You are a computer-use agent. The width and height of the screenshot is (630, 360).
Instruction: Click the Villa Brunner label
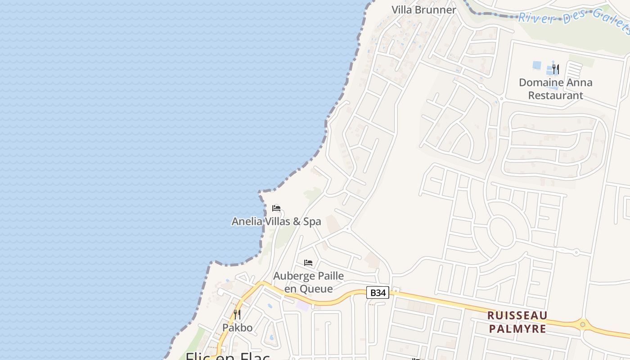(423, 9)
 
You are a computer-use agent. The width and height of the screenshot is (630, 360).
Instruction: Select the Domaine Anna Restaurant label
(555, 89)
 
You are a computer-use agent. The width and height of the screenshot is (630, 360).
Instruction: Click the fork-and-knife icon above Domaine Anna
(556, 69)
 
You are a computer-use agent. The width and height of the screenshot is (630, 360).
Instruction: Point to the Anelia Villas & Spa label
(276, 221)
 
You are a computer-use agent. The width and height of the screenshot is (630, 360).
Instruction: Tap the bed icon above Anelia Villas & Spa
(276, 208)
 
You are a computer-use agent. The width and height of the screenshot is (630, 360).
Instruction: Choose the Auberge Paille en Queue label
(309, 282)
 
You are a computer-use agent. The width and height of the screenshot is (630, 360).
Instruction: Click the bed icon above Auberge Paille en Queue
(308, 263)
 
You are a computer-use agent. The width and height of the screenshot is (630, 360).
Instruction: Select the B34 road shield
(377, 292)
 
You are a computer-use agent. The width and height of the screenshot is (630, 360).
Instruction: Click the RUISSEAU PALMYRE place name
(517, 322)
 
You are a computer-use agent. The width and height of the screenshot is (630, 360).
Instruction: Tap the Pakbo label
(237, 327)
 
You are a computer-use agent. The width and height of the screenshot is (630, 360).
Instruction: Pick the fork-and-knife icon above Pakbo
(237, 314)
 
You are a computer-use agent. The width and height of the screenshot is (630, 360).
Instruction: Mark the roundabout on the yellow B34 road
(583, 324)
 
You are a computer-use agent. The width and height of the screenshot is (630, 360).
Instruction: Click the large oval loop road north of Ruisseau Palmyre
(501, 232)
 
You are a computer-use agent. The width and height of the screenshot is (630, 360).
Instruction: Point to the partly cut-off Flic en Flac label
(228, 355)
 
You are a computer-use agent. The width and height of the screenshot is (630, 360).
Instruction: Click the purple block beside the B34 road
(303, 306)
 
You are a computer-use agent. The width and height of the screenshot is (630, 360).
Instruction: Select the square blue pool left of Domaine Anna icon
(537, 65)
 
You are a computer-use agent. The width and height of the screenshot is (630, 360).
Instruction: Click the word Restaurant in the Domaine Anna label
(555, 95)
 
